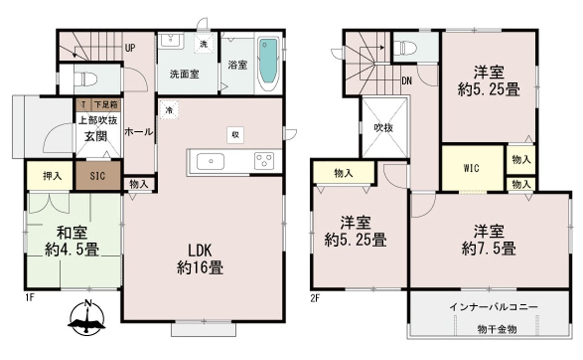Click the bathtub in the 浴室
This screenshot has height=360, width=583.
[x=268, y=63]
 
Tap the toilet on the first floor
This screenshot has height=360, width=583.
[x=85, y=79]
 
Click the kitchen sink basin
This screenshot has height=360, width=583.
[x=210, y=161]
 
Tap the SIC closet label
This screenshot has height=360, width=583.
[x=98, y=176]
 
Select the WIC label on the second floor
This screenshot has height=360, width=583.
[x=471, y=168]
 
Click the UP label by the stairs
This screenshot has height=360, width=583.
[x=130, y=48]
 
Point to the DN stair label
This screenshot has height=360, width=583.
[x=407, y=81]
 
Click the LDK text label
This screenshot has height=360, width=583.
[x=200, y=251]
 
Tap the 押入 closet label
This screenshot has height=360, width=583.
[x=52, y=176]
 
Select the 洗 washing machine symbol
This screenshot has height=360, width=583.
[x=203, y=44]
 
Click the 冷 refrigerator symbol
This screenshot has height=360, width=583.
[x=169, y=110]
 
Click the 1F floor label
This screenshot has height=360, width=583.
[x=30, y=297]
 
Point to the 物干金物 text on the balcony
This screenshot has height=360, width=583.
[x=497, y=329]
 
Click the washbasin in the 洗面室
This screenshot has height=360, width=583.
[x=171, y=40]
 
